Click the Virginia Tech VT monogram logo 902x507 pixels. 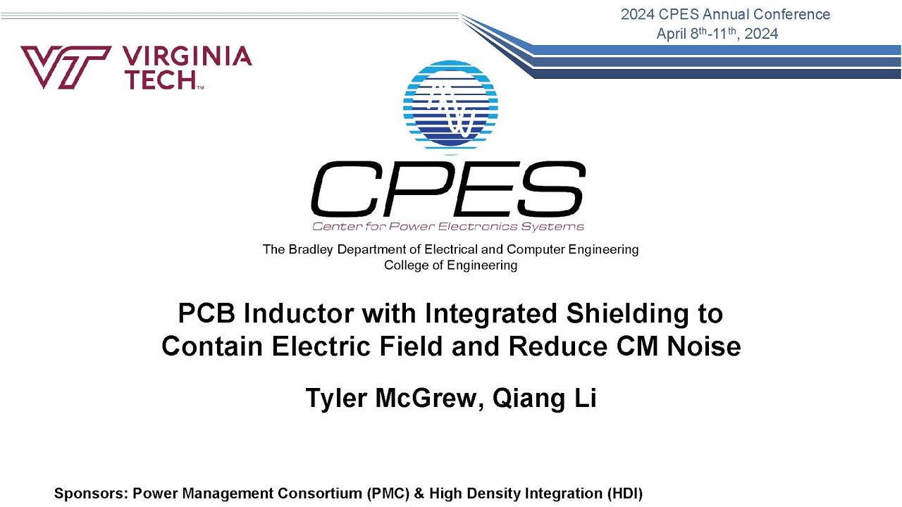pyautogui.click(x=65, y=67)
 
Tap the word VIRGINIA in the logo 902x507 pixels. pyautogui.click(x=187, y=56)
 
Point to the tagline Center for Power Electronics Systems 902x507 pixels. pyautogui.click(x=448, y=227)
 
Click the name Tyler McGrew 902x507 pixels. pyautogui.click(x=391, y=399)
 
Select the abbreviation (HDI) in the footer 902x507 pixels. pyautogui.click(x=624, y=494)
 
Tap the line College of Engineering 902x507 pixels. pyautogui.click(x=450, y=265)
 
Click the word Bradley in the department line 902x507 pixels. pyautogui.click(x=311, y=249)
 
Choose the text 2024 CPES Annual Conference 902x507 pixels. pyautogui.click(x=725, y=14)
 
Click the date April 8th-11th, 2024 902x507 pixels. pyautogui.click(x=717, y=34)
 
